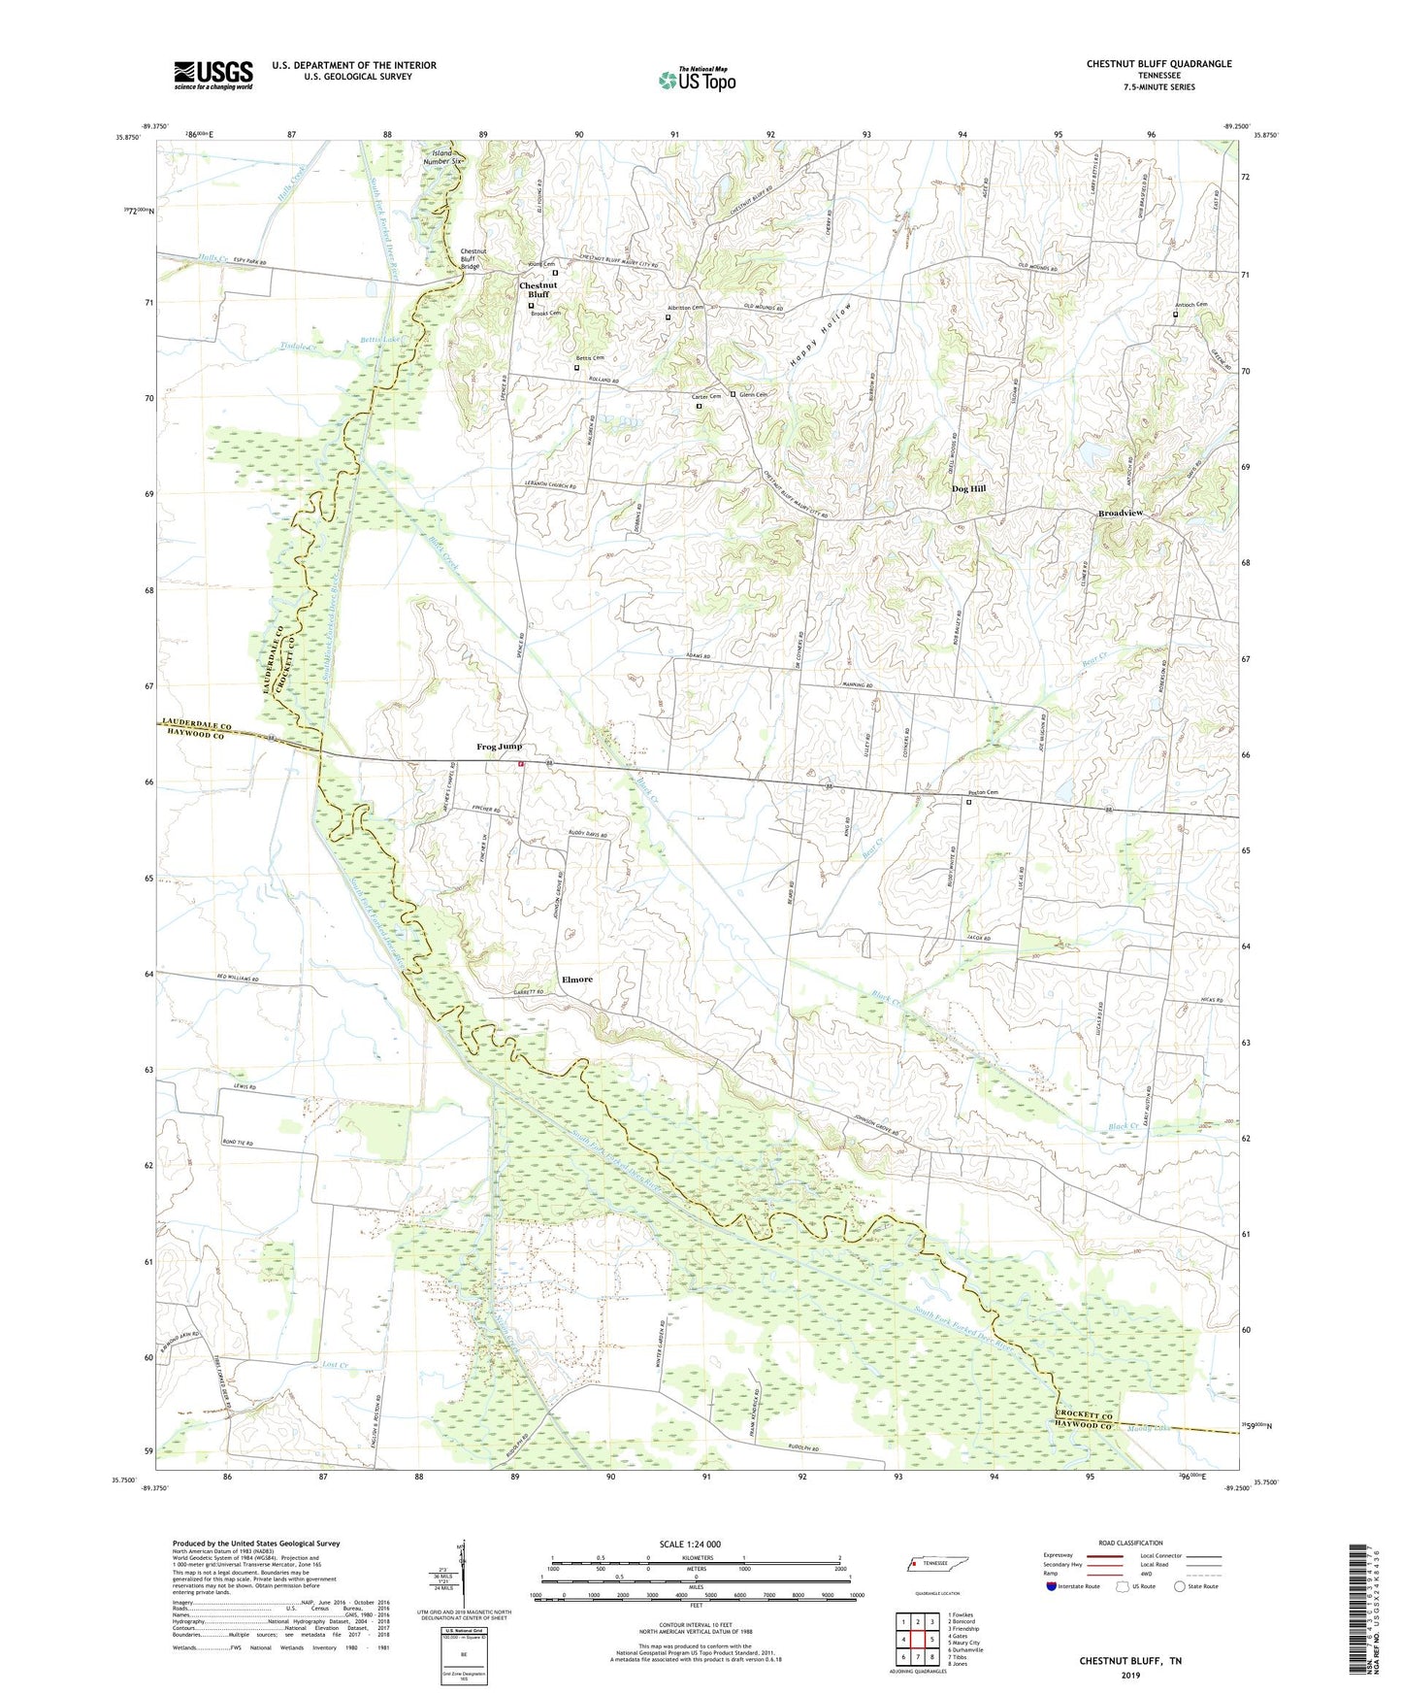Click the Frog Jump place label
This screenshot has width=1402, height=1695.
tap(499, 747)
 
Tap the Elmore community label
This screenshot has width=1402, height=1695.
tap(577, 980)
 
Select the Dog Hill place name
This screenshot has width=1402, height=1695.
tap(968, 489)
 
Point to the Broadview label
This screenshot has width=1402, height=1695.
tap(1126, 514)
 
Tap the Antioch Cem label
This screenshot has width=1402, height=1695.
tap(1190, 305)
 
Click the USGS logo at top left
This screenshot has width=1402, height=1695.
tap(213, 75)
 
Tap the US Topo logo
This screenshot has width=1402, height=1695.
tap(697, 80)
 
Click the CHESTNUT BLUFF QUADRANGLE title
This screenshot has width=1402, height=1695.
tap(1158, 64)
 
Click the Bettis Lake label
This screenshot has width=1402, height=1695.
tap(380, 340)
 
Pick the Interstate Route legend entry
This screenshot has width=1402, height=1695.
tap(1077, 1586)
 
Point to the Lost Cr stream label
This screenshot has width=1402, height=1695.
tap(334, 1365)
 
